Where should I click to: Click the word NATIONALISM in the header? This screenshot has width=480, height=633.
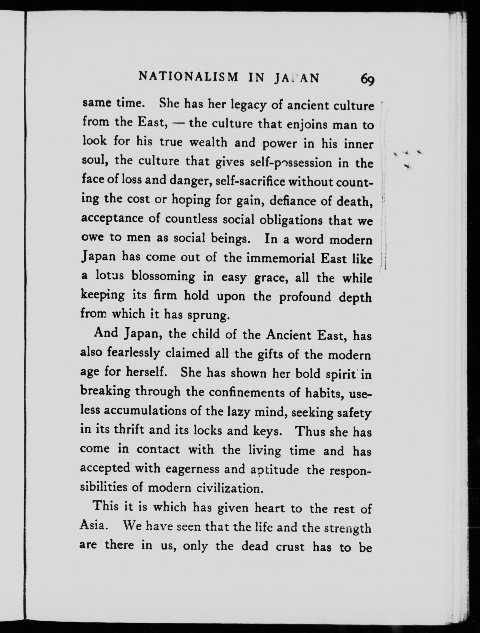188,77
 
